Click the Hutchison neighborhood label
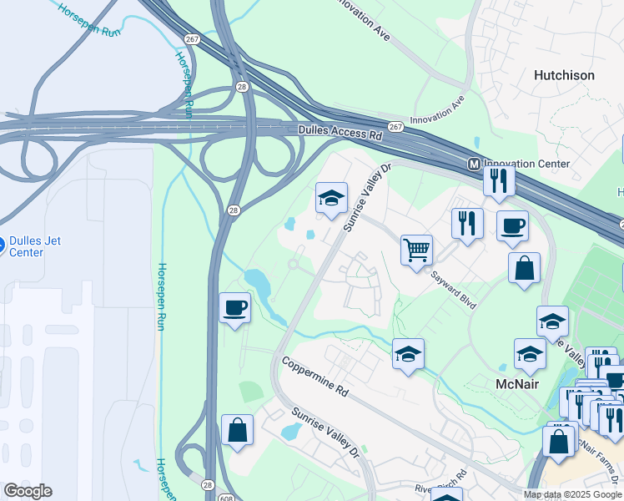click(x=564, y=75)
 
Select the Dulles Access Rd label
click(x=340, y=132)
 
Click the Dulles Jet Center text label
click(x=34, y=247)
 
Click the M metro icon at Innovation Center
click(x=474, y=164)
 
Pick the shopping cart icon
click(x=416, y=249)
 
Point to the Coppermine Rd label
click(x=314, y=376)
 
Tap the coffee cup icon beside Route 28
click(x=234, y=307)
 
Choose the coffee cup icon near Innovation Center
click(x=512, y=225)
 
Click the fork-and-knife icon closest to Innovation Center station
click(x=498, y=180)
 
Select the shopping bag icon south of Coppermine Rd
click(x=238, y=430)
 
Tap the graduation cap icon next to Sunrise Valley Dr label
click(x=331, y=198)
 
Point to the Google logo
click(x=28, y=491)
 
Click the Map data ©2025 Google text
click(x=573, y=494)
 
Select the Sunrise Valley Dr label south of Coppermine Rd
click(x=325, y=432)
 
